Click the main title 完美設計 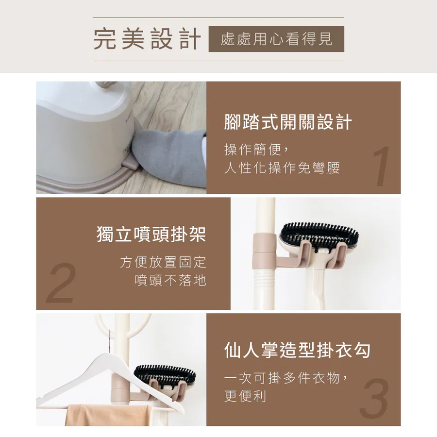147,39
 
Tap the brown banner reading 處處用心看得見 276,39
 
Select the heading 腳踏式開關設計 288,122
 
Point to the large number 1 382,166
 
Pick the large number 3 374,398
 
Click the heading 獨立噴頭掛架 151,234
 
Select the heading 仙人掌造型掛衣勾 297,350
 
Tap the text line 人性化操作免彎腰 282,168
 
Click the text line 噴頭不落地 170,280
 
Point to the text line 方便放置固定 163,262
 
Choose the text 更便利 245,396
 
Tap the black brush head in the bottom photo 165,374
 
